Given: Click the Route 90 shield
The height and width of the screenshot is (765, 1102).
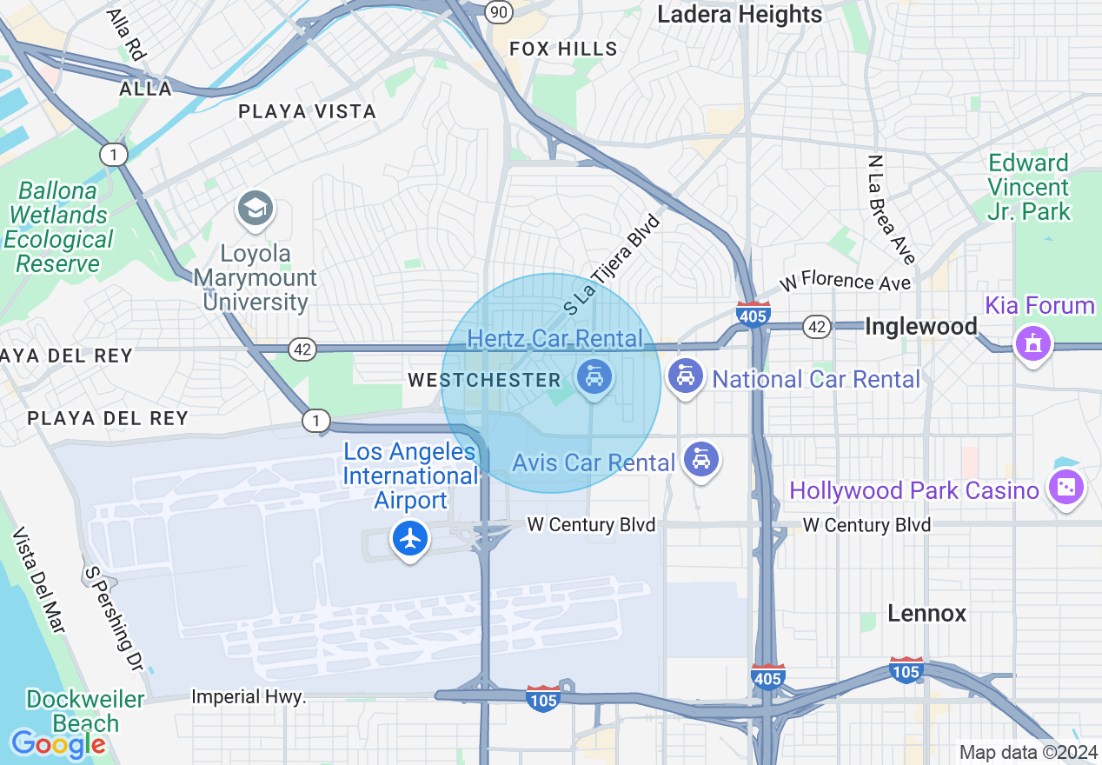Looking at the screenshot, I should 498,10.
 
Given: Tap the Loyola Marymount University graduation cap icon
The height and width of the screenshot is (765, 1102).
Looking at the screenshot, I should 256,209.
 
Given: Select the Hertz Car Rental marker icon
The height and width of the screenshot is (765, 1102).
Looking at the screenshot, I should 594,377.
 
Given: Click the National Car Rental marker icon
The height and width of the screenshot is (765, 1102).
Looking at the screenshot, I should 686,376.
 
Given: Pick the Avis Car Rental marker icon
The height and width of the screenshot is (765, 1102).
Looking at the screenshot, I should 700,459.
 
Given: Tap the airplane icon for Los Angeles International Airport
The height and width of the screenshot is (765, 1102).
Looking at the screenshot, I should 410,539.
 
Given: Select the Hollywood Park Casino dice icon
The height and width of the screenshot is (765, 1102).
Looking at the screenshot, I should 1066,489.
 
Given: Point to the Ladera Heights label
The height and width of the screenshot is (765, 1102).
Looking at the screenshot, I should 740,14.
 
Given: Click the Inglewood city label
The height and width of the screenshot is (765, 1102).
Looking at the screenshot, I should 921,327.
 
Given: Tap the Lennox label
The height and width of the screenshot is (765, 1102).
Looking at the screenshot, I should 926,614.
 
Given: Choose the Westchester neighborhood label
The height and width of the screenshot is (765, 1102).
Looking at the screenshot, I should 484,380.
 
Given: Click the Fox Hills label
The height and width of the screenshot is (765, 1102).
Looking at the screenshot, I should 563,50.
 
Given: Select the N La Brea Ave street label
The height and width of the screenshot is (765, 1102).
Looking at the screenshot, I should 892,210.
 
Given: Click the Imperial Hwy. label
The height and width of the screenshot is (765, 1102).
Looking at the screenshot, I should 249,697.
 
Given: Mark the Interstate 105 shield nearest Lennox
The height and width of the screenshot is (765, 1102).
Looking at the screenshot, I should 906,669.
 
